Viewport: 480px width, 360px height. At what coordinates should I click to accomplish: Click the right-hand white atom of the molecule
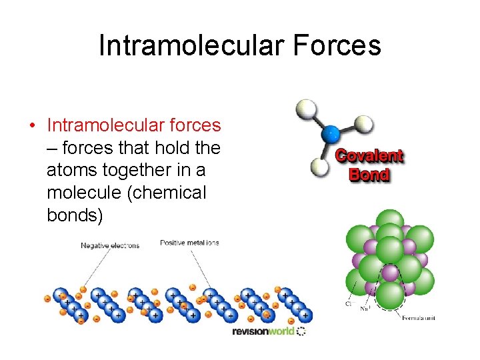(x=363, y=123)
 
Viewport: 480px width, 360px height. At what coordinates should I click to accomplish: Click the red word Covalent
(x=369, y=157)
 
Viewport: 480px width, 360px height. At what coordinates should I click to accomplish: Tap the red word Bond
(x=369, y=175)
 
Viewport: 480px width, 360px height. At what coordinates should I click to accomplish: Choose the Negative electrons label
(x=110, y=245)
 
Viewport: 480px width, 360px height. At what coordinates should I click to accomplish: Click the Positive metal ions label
(x=189, y=243)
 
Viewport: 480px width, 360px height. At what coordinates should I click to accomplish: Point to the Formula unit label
(x=419, y=318)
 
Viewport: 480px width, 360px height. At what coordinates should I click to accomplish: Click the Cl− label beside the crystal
(x=348, y=303)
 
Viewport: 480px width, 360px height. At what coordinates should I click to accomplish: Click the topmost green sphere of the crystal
(x=389, y=222)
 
